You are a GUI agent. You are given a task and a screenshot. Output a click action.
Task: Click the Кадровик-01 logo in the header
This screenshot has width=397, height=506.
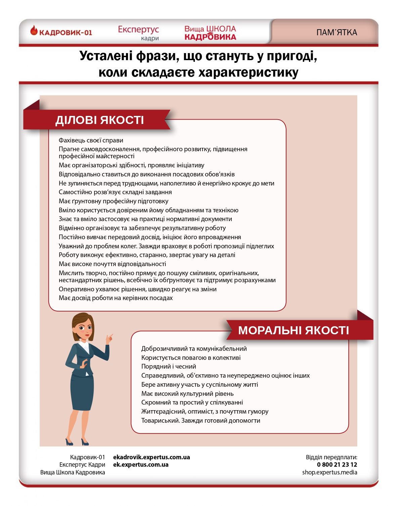[x=61, y=32]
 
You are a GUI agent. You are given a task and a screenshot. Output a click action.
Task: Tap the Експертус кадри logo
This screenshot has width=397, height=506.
[x=138, y=33]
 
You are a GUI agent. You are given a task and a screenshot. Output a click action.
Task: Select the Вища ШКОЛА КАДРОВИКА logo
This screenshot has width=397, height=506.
[x=210, y=33]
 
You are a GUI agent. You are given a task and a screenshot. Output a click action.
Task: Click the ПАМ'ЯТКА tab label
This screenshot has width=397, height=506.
[x=337, y=33]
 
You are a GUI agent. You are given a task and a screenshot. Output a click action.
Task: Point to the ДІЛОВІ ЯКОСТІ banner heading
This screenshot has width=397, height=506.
[x=99, y=120]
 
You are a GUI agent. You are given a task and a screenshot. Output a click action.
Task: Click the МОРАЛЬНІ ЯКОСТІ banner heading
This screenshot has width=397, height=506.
[x=294, y=330]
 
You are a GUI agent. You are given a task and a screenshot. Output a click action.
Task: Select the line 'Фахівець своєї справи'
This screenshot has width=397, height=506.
[x=91, y=140]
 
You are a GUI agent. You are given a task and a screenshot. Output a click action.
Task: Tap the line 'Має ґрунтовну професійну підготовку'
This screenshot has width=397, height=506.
[x=114, y=201]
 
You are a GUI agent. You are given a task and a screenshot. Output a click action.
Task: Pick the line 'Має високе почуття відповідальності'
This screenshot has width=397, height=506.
[x=112, y=264]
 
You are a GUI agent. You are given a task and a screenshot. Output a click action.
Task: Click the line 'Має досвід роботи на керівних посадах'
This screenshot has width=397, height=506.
[x=116, y=298]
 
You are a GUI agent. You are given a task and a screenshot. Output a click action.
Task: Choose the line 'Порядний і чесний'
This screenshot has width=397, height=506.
[x=169, y=367]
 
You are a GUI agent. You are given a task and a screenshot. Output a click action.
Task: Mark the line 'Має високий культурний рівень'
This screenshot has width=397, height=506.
[x=187, y=394]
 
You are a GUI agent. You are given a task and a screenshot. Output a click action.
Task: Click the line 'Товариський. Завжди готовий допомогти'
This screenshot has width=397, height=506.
[x=201, y=421]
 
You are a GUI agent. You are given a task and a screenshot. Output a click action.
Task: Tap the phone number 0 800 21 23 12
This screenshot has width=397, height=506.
[x=337, y=465]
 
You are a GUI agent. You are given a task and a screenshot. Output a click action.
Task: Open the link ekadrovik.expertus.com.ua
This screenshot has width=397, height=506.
[x=151, y=457]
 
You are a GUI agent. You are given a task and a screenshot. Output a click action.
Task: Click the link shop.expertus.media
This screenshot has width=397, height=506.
[x=329, y=472]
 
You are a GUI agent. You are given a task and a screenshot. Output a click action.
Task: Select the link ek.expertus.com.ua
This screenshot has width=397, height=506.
[x=141, y=465]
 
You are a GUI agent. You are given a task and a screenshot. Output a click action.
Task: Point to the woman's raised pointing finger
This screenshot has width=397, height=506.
[x=111, y=335]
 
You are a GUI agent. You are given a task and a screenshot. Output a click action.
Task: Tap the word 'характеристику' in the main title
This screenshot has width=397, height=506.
[x=248, y=72]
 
